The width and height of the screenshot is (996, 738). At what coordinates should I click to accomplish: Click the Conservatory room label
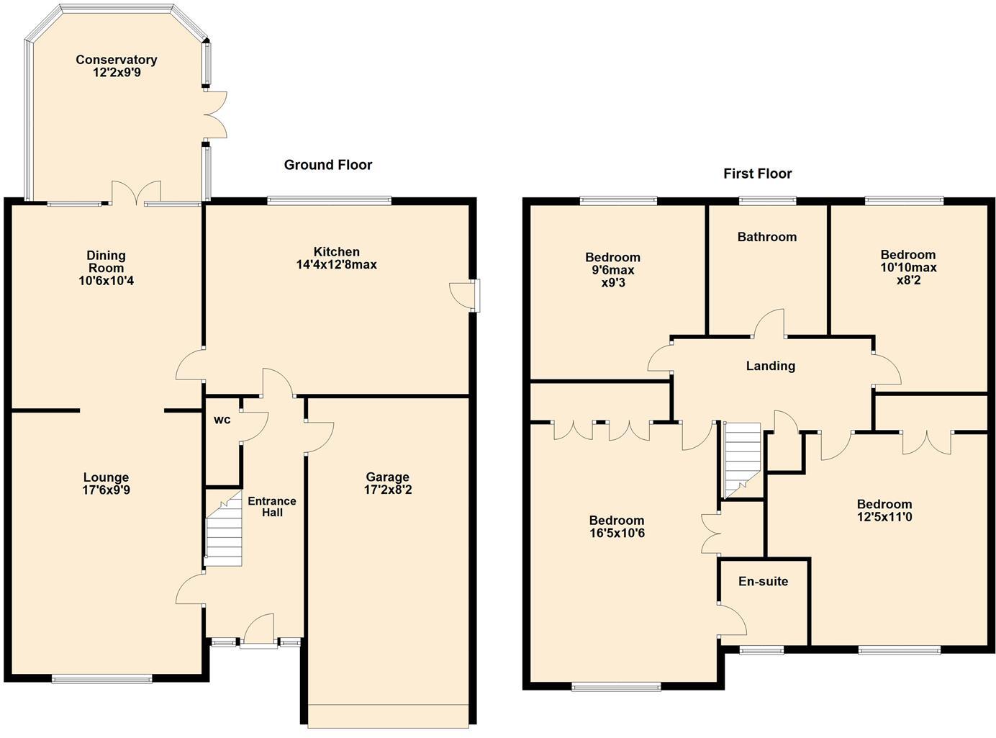click(117, 60)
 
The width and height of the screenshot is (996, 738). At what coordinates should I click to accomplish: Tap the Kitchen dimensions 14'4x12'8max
click(337, 264)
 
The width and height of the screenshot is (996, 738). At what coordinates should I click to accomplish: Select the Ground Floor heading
click(328, 165)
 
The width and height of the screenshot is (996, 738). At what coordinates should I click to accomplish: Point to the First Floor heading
click(757, 174)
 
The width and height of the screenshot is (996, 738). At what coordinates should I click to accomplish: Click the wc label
click(222, 419)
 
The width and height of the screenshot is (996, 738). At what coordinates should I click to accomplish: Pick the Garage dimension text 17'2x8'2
click(388, 490)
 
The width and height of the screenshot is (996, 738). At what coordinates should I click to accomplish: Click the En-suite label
click(763, 581)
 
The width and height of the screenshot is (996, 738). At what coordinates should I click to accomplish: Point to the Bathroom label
click(766, 237)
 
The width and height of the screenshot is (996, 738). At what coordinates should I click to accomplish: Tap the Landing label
click(770, 366)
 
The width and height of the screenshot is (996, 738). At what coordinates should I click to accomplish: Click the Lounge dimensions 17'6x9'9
click(107, 490)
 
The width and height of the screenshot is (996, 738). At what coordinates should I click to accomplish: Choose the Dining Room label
click(107, 261)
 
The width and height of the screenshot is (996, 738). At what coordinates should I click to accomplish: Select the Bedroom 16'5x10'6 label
click(617, 521)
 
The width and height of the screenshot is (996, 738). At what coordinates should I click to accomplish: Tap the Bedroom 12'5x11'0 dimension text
click(884, 517)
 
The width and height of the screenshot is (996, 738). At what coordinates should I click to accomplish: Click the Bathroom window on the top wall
click(767, 201)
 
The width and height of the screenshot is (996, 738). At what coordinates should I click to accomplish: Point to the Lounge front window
click(101, 678)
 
